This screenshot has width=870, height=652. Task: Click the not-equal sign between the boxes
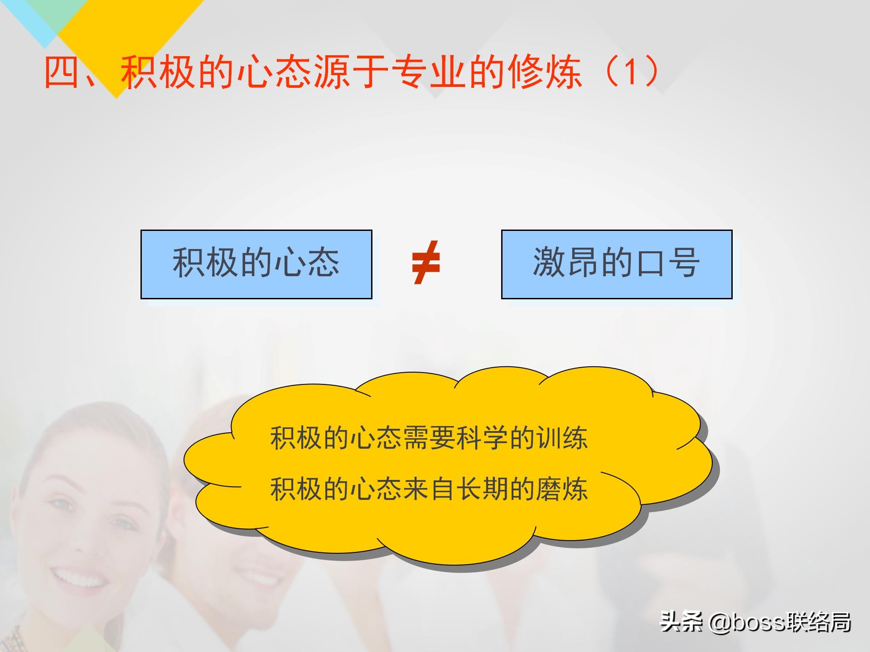[426, 263]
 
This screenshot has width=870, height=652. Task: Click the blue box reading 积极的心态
[256, 264]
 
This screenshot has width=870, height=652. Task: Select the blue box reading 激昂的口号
[616, 264]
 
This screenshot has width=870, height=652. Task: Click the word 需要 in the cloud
[429, 438]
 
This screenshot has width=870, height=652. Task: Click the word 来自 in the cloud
[429, 489]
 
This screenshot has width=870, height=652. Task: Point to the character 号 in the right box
[685, 263]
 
